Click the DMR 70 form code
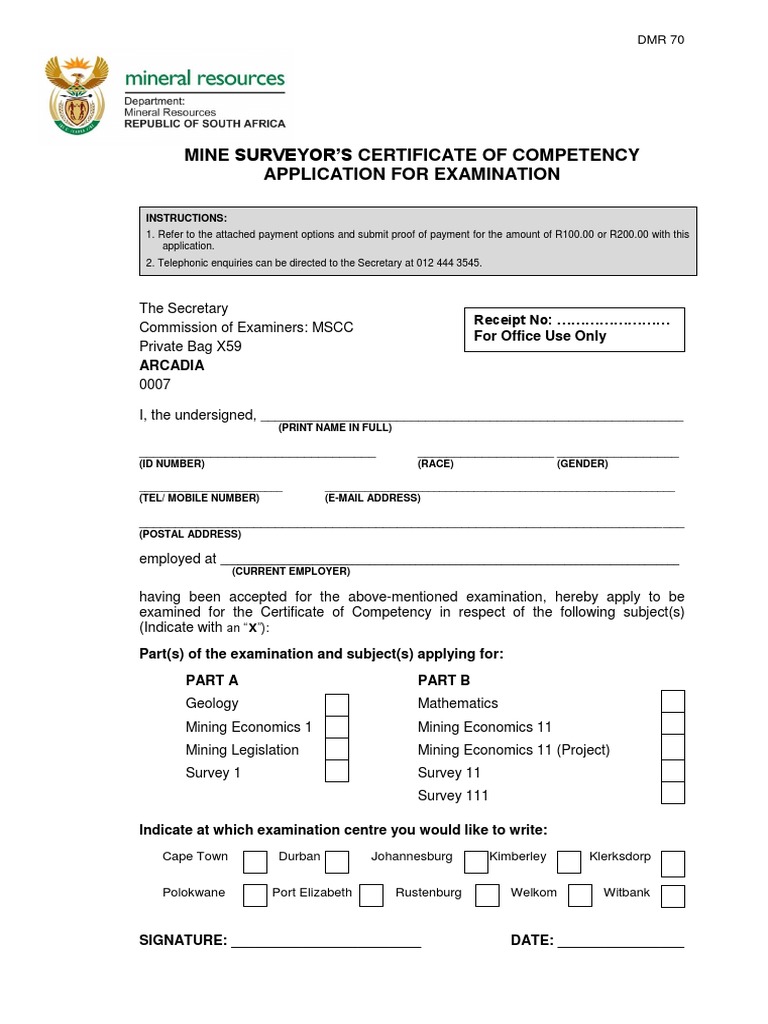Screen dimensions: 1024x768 pos(661,40)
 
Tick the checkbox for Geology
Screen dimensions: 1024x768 pos(337,704)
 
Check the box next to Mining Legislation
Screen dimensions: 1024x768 pos(337,750)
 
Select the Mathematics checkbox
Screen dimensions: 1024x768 pos(673,701)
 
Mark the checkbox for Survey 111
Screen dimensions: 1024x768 pos(673,793)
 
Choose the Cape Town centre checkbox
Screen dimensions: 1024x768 pos(255,862)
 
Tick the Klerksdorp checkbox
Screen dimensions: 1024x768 pos(673,863)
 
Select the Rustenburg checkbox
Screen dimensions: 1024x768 pos(487,894)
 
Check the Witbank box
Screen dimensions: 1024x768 pos(673,895)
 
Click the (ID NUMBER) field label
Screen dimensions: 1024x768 pos(171,464)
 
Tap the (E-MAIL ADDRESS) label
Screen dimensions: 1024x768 pos(373,498)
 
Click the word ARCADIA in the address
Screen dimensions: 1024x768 pos(171,366)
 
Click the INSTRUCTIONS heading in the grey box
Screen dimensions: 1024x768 pos(187,218)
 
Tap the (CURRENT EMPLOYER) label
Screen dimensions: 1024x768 pos(291,571)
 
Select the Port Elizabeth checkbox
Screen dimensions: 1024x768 pos(371,894)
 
